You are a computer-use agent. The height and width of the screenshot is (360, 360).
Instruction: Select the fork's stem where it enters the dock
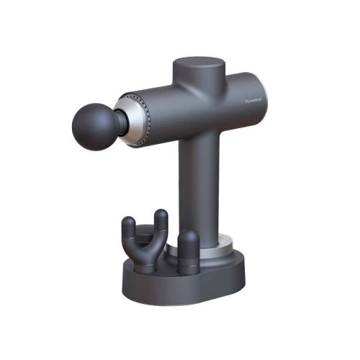pyautogui.click(x=145, y=265)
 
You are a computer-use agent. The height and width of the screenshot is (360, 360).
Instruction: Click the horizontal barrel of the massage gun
pyautogui.click(x=194, y=112)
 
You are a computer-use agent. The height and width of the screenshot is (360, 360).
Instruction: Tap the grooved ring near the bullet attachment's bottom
pyautogui.click(x=188, y=266)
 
